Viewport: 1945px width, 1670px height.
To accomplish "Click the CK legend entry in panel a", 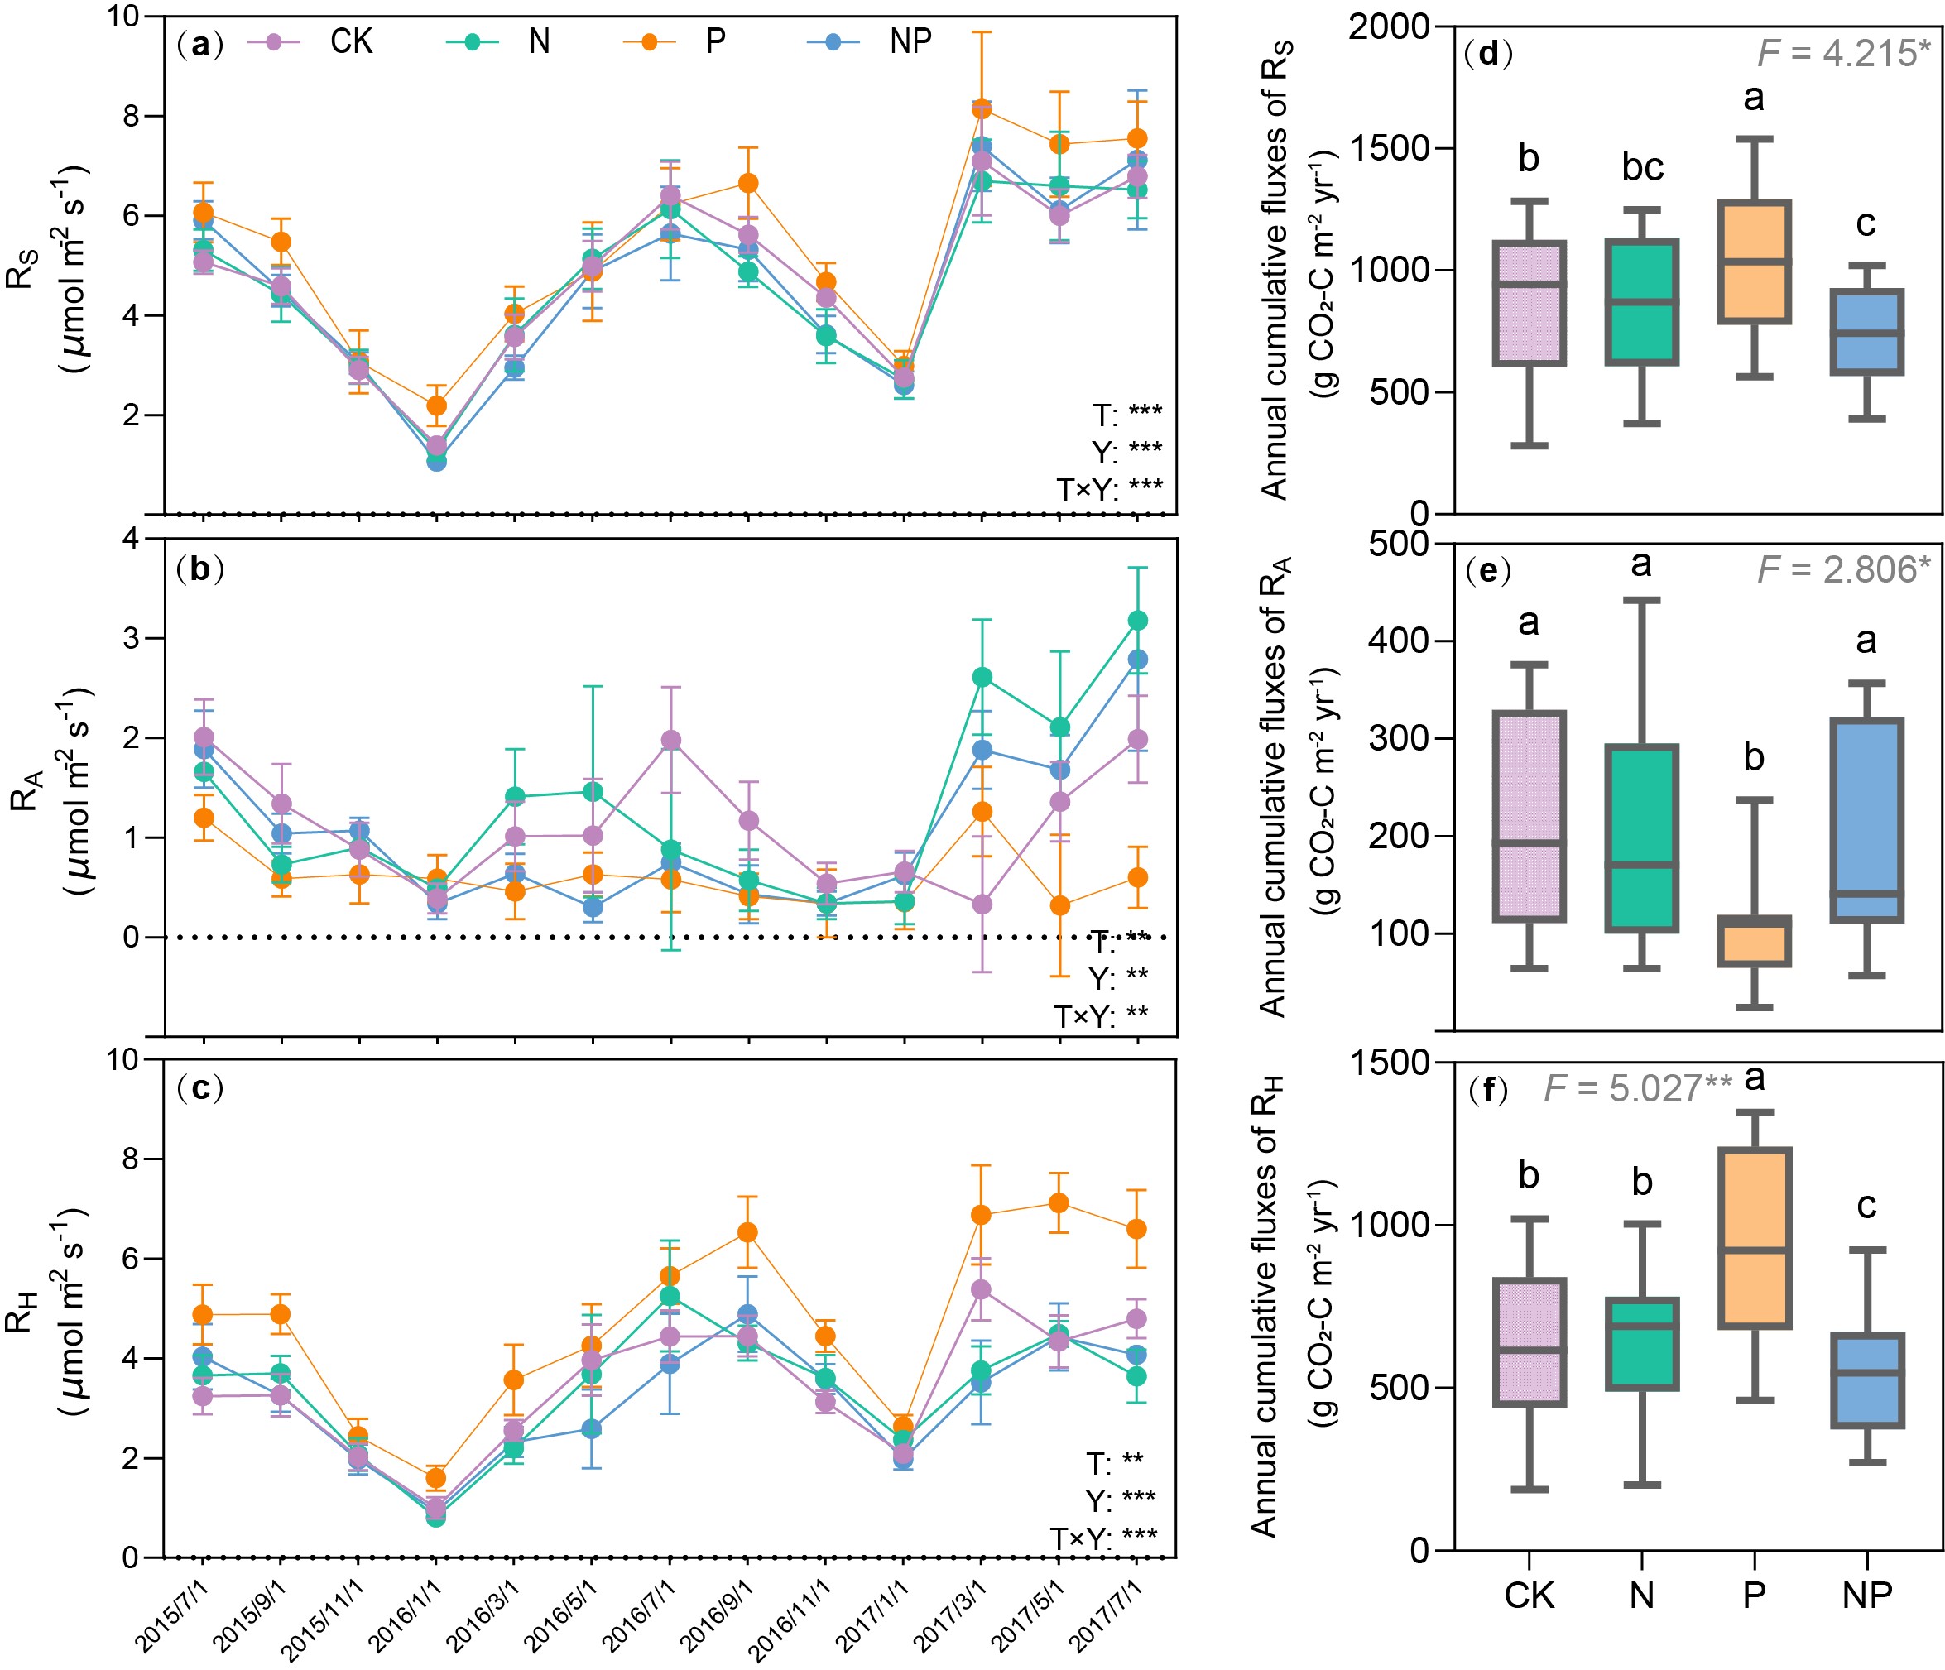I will (350, 41).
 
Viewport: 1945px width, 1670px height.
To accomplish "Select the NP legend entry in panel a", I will (910, 41).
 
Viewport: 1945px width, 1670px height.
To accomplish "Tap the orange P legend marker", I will (649, 42).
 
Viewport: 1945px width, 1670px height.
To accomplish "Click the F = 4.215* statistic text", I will (1842, 54).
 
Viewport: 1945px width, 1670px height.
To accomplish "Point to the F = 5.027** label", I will (1637, 1088).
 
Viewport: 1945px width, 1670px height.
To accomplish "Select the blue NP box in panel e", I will (1866, 819).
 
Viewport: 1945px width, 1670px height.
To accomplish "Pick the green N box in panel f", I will (1642, 1344).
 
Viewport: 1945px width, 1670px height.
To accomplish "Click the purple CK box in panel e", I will (1530, 816).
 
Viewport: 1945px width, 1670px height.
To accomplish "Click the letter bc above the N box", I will (1642, 168).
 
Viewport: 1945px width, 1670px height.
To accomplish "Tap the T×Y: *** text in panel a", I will (1108, 488).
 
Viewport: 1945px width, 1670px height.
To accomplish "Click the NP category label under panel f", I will (1866, 1595).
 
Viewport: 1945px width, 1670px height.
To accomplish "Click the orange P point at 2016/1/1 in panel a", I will (436, 406).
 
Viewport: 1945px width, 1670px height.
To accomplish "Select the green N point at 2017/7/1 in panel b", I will (1136, 621).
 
